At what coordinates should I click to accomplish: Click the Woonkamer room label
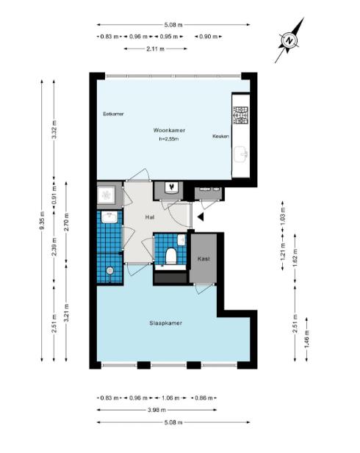(x=169, y=130)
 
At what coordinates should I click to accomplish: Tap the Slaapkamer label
(x=166, y=323)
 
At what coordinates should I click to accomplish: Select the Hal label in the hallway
(x=150, y=217)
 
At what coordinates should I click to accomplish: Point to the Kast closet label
(x=204, y=259)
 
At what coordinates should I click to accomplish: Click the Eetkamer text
(x=113, y=114)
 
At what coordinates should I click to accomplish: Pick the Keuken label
(x=221, y=136)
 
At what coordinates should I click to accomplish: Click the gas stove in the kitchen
(x=241, y=115)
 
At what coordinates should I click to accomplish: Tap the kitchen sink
(x=241, y=154)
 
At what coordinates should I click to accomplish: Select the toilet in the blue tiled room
(x=171, y=256)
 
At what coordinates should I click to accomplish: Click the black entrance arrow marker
(x=201, y=217)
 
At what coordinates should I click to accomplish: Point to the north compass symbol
(x=289, y=40)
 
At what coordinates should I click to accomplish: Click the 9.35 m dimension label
(x=42, y=220)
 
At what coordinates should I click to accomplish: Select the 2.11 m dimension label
(x=155, y=49)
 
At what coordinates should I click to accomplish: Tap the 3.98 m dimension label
(x=156, y=410)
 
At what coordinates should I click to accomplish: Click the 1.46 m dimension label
(x=307, y=339)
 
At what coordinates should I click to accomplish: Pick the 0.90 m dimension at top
(x=208, y=37)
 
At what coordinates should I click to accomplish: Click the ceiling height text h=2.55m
(x=168, y=139)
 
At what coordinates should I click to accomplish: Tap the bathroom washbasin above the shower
(x=109, y=217)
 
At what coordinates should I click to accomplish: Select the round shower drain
(x=110, y=271)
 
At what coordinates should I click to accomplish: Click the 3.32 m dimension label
(x=54, y=128)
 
